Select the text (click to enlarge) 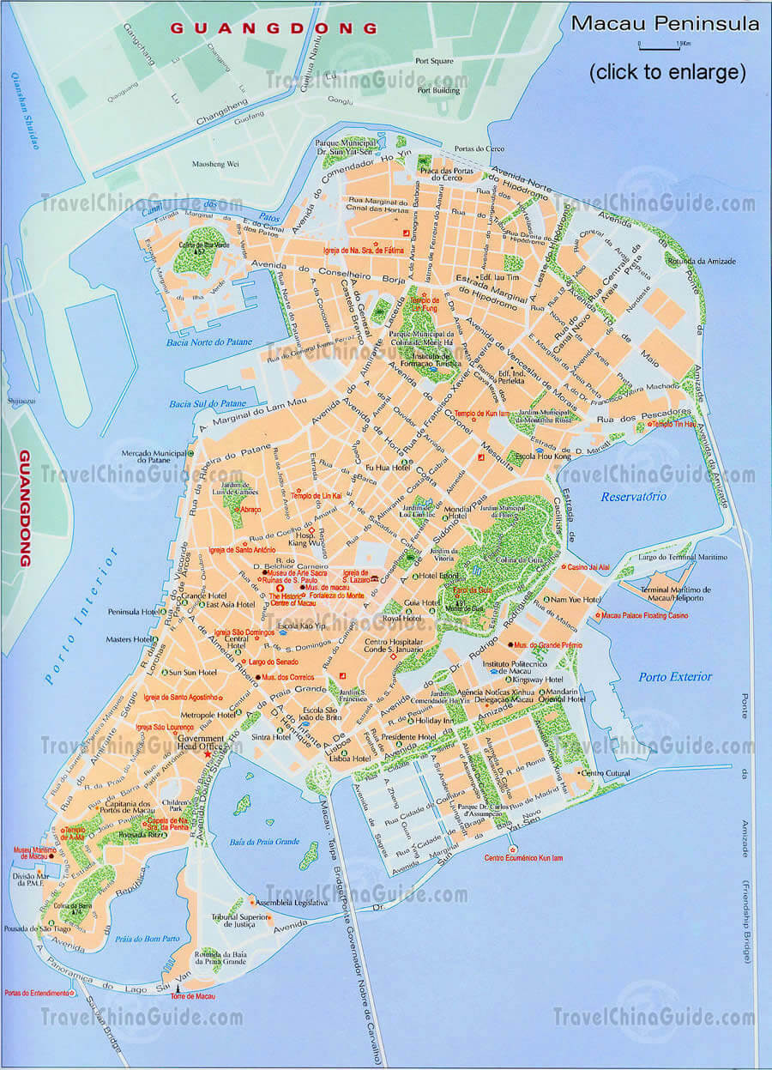click(666, 72)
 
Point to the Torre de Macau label click(192, 996)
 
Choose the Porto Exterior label click(675, 677)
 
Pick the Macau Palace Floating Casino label click(643, 615)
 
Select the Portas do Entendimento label click(37, 993)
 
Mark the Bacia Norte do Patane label click(210, 342)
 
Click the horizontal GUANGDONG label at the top click(273, 27)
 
